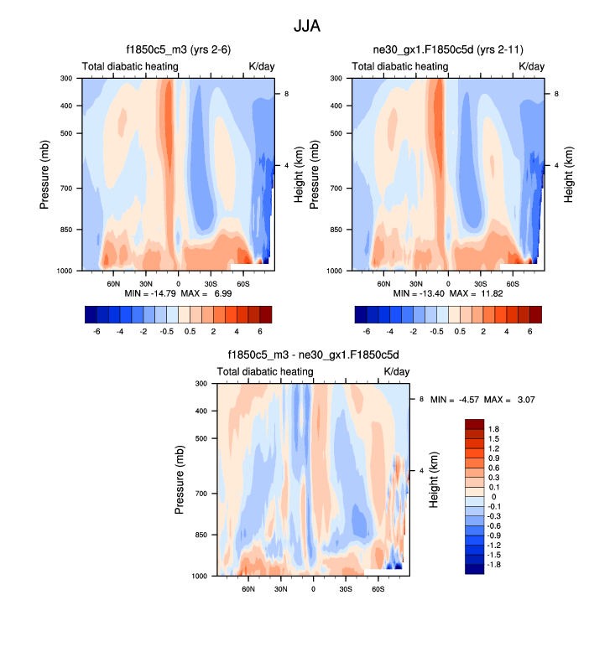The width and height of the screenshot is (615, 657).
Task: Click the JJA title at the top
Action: point(307,26)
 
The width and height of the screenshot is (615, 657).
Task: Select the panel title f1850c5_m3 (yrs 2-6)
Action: point(179,50)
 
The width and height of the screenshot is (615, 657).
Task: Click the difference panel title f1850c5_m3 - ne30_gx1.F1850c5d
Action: point(313,355)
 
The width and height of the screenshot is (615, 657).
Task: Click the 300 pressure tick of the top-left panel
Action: point(65,79)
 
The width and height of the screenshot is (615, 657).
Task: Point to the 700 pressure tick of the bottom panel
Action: point(201,494)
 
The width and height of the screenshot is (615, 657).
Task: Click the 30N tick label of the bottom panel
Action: point(281,589)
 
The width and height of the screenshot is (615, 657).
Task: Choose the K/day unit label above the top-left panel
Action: point(261,66)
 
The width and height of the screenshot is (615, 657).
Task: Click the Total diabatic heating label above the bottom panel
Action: point(265,371)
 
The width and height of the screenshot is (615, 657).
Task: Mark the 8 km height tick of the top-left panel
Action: point(288,95)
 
